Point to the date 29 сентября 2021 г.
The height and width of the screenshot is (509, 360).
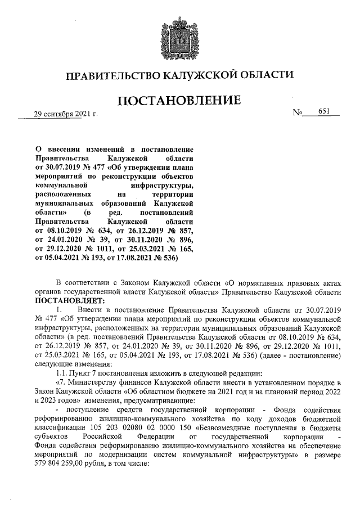(x=66, y=114)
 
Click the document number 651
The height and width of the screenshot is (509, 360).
(x=324, y=111)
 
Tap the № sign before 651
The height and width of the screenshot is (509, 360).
(x=298, y=112)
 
